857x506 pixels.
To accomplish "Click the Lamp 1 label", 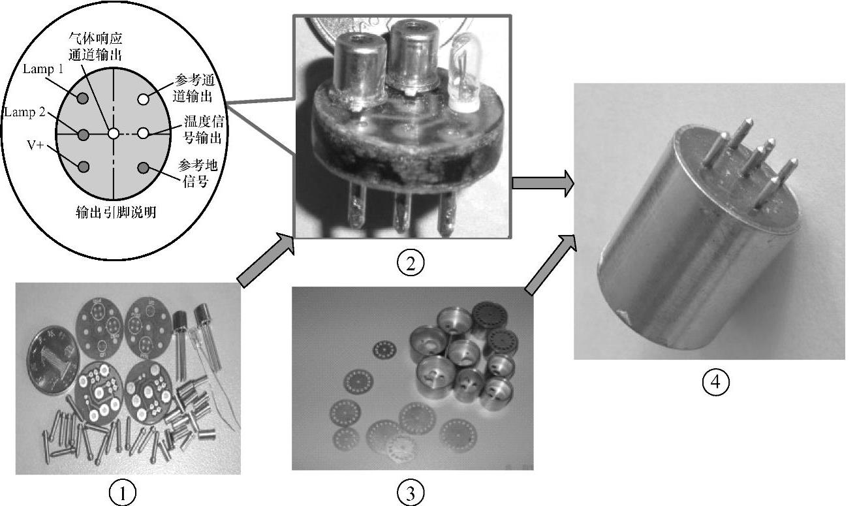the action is tap(43, 69).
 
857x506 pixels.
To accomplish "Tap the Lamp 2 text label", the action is tap(25, 112).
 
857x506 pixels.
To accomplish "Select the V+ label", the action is tap(36, 145).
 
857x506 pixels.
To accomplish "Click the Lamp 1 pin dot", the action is tap(83, 99).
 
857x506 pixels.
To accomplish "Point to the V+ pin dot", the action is tap(83, 167).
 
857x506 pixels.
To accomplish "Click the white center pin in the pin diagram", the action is tap(114, 134).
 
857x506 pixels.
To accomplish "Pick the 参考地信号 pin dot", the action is tap(143, 168).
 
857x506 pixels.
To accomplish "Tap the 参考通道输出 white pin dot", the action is tap(144, 99).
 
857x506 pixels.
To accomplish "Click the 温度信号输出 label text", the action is tap(203, 129).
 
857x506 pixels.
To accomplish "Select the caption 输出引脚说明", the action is tap(116, 212).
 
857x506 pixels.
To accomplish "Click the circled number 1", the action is tap(123, 493).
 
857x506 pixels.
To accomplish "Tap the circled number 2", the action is tap(411, 263).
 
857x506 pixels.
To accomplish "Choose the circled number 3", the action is tap(411, 492).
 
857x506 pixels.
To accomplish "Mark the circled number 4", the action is tap(716, 382).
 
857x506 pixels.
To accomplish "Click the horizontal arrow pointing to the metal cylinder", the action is tap(543, 183).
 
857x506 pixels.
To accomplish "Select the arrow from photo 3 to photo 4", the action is tap(550, 265).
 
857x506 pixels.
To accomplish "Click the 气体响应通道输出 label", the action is tap(95, 47).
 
